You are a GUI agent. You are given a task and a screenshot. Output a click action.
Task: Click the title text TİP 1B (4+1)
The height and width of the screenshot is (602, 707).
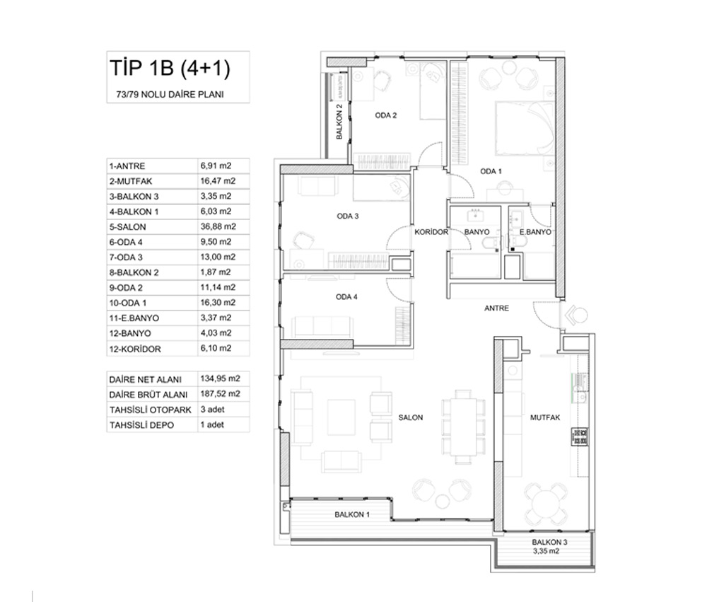[x=170, y=69]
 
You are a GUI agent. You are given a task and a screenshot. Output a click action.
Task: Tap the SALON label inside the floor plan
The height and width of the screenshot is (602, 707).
[x=411, y=417]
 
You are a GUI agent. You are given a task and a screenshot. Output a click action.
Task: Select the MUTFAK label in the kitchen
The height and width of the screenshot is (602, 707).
[x=545, y=417]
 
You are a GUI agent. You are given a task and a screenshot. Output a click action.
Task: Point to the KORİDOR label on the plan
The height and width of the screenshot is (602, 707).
[x=431, y=232]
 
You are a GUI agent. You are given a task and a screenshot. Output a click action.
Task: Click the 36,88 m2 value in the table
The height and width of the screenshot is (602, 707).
[x=218, y=226]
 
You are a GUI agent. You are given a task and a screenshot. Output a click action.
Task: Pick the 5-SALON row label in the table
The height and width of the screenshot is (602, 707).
[x=127, y=227]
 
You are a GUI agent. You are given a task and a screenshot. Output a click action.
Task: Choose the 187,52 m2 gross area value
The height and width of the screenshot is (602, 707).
[x=220, y=394]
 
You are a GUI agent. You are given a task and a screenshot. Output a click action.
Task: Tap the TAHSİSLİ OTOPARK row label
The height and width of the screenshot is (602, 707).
[x=150, y=410]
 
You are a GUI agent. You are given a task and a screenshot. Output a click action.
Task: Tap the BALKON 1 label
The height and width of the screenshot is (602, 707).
[x=352, y=514]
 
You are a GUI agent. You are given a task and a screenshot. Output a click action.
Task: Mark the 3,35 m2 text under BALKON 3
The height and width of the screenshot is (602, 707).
[x=546, y=551]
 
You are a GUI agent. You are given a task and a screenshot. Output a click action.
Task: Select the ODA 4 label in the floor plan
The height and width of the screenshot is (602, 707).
[x=346, y=297]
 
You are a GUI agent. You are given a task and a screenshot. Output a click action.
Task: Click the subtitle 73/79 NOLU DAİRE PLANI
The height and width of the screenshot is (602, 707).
[x=170, y=94]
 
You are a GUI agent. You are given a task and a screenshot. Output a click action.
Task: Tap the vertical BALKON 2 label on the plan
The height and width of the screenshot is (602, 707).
[x=339, y=122]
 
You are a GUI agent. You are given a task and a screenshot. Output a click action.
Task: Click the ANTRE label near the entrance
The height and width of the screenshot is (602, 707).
[x=496, y=308]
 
